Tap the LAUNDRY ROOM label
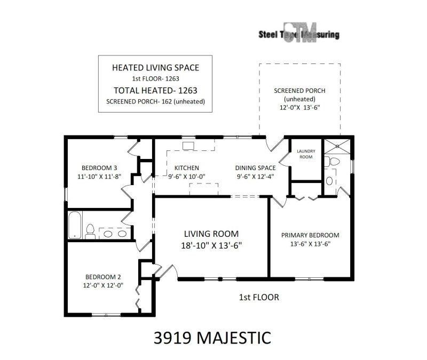point(306,154)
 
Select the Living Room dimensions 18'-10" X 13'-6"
point(211,245)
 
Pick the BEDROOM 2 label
point(103,277)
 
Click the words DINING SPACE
point(256,167)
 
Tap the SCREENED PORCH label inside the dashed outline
point(299,91)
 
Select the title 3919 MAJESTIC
point(211,338)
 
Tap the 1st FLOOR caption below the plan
point(258,297)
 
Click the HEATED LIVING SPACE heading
point(155,68)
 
